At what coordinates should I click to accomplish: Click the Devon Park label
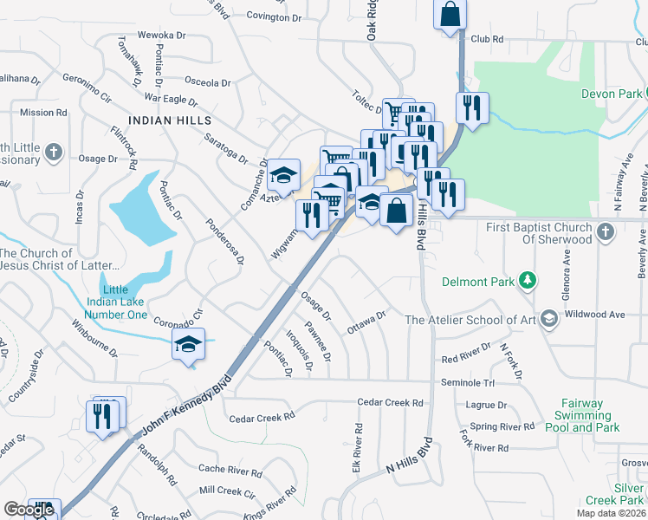pos(611,94)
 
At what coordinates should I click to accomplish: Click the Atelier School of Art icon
pos(548,320)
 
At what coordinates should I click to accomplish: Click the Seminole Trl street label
pos(467,383)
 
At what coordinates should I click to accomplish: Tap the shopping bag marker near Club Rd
pos(450,14)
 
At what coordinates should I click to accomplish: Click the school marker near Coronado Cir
pos(188,344)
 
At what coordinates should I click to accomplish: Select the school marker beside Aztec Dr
pos(282,176)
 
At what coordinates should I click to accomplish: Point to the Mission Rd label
pos(42,113)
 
